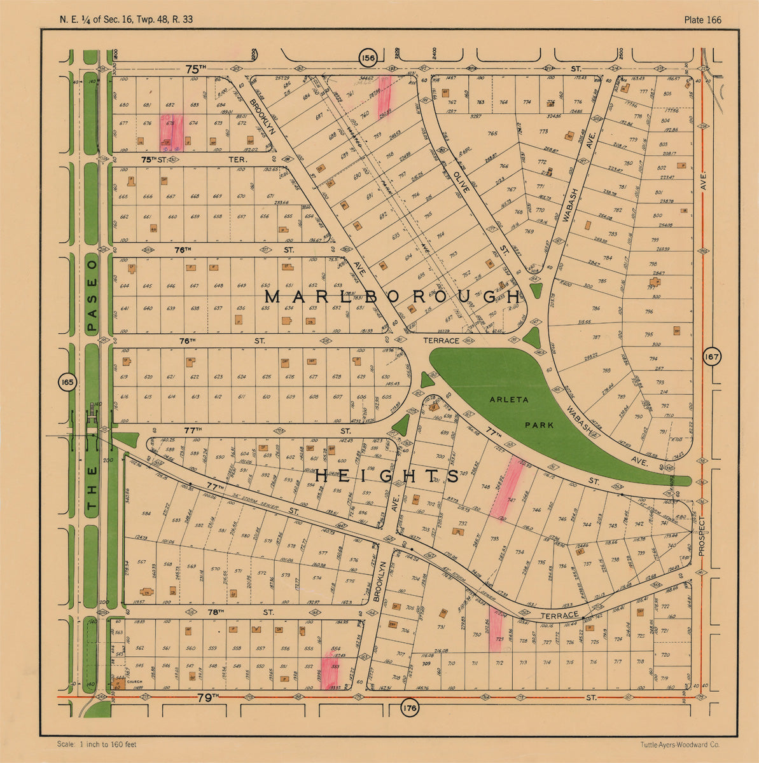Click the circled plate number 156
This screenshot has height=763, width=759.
(368, 58)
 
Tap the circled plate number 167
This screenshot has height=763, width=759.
(711, 357)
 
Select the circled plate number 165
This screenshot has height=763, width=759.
(67, 382)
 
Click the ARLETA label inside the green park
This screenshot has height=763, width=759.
(506, 399)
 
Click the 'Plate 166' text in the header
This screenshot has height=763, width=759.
(702, 20)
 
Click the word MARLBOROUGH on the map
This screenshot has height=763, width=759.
(393, 297)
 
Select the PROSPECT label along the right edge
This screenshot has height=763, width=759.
(702, 535)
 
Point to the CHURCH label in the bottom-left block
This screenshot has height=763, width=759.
(134, 682)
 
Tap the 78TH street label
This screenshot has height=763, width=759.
(216, 612)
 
